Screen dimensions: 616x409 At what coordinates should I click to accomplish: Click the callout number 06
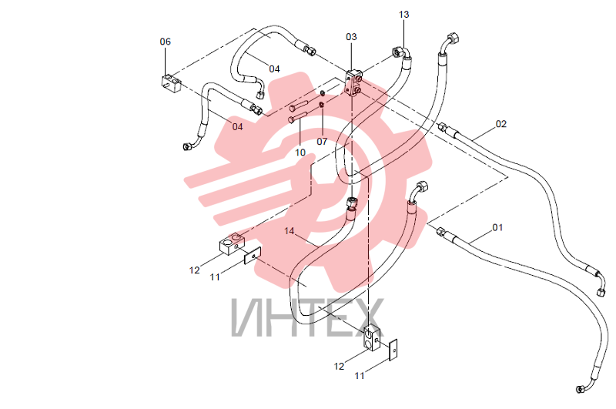166,42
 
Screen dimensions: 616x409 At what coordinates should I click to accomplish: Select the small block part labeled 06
171,83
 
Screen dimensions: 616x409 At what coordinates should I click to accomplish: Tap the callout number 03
351,37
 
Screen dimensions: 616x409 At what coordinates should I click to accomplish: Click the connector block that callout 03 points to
353,83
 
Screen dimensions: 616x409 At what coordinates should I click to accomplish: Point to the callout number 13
403,15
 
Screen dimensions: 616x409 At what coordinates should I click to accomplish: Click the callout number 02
501,124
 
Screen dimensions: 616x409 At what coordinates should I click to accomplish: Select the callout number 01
497,227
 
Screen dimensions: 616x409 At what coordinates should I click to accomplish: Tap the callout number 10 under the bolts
300,153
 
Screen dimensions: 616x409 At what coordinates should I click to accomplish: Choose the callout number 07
322,142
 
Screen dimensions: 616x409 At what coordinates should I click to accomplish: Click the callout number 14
290,231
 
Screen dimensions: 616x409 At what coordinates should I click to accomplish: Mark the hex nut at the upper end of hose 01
440,231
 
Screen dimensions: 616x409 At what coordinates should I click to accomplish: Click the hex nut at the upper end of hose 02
442,127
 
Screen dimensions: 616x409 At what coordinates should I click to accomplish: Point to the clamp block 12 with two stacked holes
372,338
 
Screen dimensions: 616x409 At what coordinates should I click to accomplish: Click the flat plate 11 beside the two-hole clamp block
393,350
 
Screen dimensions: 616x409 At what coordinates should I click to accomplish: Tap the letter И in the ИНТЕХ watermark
247,317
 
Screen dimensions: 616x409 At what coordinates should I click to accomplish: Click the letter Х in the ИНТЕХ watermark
364,317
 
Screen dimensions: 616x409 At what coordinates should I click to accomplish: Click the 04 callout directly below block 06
237,127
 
